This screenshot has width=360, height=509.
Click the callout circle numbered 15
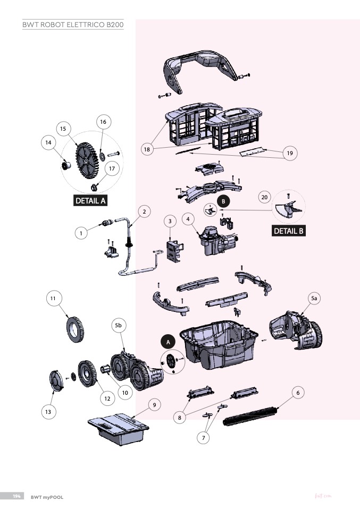click(x=63, y=129)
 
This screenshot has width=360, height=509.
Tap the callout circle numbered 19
click(x=290, y=153)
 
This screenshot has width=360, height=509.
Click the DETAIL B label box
click(x=289, y=231)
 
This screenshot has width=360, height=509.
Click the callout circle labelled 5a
click(x=314, y=299)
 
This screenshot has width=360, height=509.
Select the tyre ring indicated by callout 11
click(x=74, y=328)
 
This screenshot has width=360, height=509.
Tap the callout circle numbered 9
click(x=154, y=405)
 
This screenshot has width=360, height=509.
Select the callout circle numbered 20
click(x=264, y=197)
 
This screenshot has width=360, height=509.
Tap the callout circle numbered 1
click(x=81, y=232)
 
